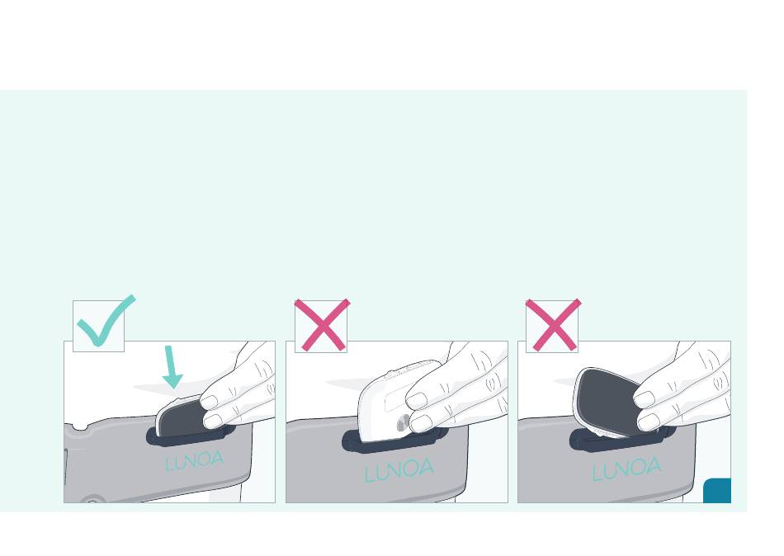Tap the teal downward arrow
tap(172, 366)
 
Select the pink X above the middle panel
tap(322, 325)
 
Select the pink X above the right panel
tap(553, 325)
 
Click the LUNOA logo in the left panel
tap(195, 460)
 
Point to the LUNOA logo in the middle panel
tap(399, 470)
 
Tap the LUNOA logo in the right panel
tap(626, 469)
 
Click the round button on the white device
tap(403, 424)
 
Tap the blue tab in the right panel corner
tap(717, 491)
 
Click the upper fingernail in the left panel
tap(209, 402)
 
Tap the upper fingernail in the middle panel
tap(417, 400)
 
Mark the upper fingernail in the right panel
tap(644, 399)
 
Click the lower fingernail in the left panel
tap(213, 421)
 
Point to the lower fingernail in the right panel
tap(649, 422)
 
